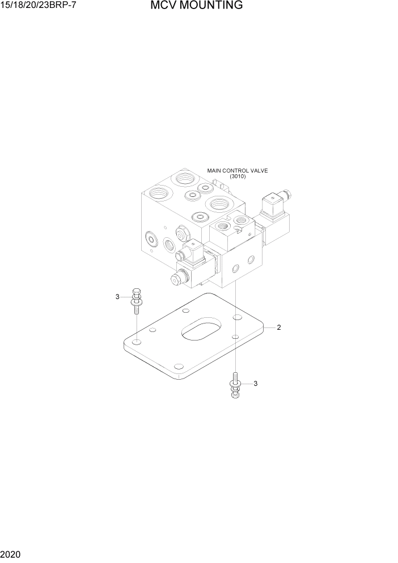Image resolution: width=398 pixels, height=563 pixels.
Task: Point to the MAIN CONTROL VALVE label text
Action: coord(237,170)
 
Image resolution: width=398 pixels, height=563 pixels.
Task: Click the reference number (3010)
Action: coord(237,177)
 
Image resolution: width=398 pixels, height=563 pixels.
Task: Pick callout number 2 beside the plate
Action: coord(279,327)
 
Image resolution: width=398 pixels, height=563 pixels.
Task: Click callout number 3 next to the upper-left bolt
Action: coord(117,297)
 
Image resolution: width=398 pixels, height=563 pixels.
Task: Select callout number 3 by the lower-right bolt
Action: coord(256,384)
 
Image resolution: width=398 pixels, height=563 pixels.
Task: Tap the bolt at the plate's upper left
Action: coord(136,300)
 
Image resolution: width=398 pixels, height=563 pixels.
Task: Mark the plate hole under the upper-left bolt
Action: coord(137,343)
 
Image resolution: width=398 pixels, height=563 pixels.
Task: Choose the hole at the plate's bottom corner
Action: coord(179,366)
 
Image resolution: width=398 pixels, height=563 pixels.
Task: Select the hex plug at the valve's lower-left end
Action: coord(176,278)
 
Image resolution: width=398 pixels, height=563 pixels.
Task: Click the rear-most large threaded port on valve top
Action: coord(184,178)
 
